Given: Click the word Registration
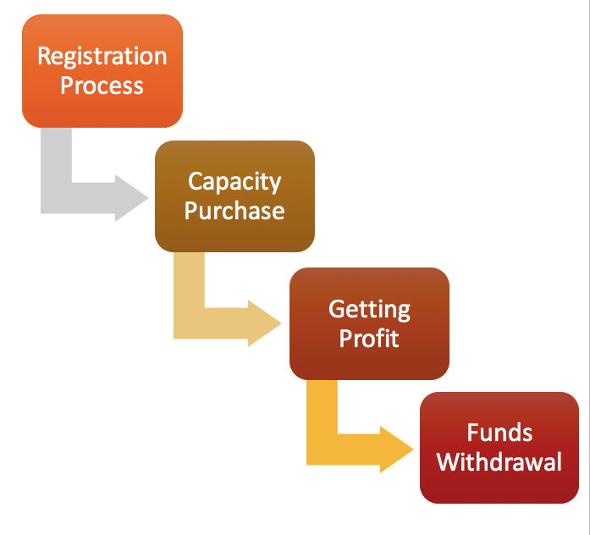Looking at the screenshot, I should coord(102,58).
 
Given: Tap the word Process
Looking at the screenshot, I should coord(102,85).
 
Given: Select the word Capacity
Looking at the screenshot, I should coord(234,182).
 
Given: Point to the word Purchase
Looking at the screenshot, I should coord(234,210).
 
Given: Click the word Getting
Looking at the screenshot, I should coord(369,309).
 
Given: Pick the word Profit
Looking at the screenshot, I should coord(369,337).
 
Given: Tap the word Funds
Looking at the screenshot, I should coord(499,433).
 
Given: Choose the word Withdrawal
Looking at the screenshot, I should coord(499,462).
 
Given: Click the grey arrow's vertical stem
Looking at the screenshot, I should coord(56,165).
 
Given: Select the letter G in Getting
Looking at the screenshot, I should coord(337,308).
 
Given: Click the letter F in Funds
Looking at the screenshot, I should coord(472,433).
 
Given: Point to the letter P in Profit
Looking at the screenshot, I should coord(345,337).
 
